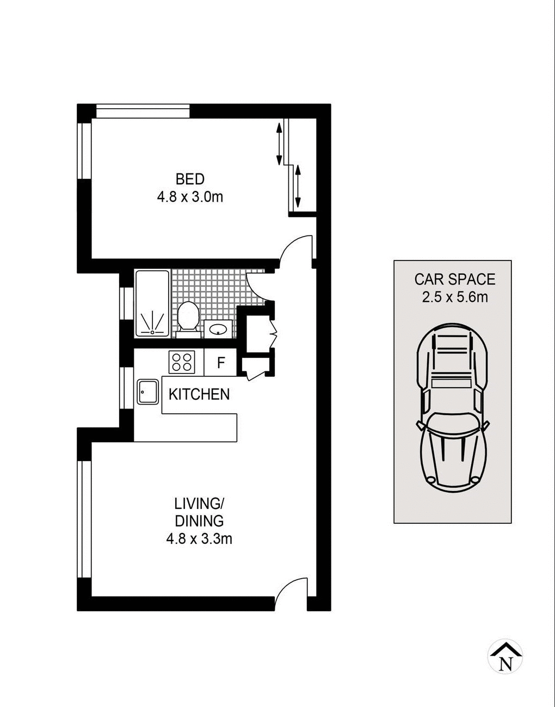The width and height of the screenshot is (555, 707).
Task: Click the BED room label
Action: [190, 179]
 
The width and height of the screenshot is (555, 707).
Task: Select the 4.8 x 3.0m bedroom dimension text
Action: [190, 197]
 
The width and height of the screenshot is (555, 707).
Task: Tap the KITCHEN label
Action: [199, 394]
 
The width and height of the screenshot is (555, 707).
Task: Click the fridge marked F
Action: [221, 363]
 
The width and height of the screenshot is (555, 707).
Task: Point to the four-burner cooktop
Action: [182, 362]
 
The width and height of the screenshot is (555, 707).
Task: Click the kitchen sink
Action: [147, 391]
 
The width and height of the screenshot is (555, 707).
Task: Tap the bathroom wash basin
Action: [219, 329]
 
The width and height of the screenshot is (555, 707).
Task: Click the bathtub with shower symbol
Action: [152, 303]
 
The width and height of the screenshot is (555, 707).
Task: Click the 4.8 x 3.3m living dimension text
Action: [199, 539]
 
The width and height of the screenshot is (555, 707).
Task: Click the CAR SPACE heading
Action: [455, 280]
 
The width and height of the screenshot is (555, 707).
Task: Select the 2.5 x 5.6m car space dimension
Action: [455, 297]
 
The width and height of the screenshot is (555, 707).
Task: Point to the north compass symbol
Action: [505, 657]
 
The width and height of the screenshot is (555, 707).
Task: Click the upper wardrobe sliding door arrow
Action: [279, 144]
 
